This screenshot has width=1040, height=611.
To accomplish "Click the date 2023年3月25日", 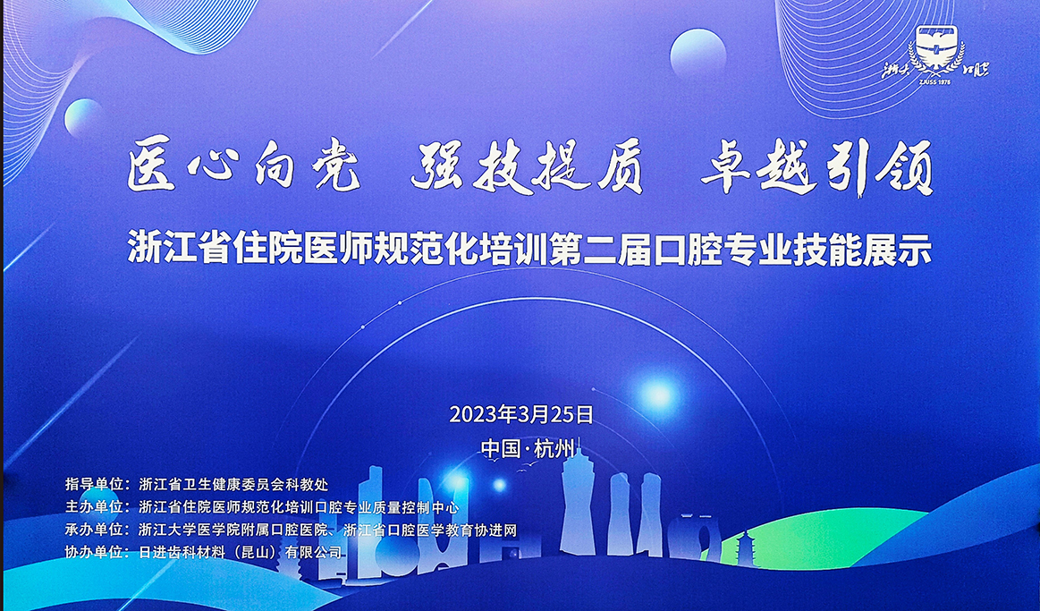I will click(x=521, y=414).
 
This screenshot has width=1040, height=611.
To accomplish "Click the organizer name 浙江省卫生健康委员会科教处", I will click(x=234, y=485).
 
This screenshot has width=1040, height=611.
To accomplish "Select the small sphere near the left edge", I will click(x=84, y=117).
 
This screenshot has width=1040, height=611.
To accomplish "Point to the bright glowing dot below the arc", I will click(x=659, y=393).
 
